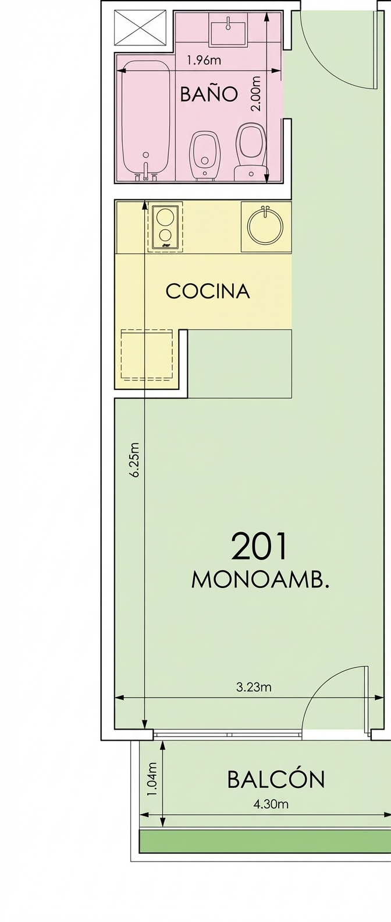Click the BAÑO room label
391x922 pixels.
click(x=209, y=94)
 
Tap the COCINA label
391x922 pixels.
click(x=208, y=291)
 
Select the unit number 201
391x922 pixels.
click(x=259, y=546)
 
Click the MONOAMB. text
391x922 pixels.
click(x=261, y=580)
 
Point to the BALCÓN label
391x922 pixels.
click(x=276, y=779)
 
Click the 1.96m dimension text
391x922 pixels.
click(x=204, y=61)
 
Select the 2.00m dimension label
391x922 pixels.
click(x=256, y=93)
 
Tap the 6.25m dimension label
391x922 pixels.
click(x=134, y=459)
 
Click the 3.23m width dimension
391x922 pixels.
click(x=254, y=687)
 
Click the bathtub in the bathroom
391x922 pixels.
click(x=146, y=119)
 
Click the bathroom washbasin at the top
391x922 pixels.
click(x=228, y=29)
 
